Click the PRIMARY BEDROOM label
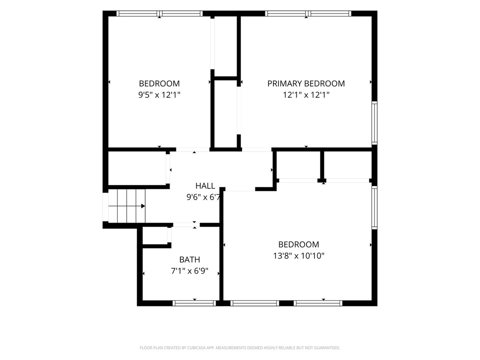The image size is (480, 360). coord(306,84)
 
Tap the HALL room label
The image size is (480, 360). coord(205,186)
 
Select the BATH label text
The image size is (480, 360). coord(190,260)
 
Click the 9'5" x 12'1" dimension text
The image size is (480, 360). coord(159,95)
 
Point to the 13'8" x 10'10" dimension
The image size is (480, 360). coord(299,256)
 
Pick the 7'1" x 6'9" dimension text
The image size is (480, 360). coord(190,271)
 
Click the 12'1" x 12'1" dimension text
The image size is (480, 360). coord(306,95)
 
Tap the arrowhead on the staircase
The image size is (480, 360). coord(143,206)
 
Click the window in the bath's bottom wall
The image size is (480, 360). coord(194,303)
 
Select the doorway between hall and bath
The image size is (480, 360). coord(186,225)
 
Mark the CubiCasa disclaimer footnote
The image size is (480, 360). coord(240,348)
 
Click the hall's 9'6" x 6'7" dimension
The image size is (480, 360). coord(203,197)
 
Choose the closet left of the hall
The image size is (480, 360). coord(137,168)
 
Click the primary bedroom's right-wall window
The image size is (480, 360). coord(374,123)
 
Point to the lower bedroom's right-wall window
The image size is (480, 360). coord(374,208)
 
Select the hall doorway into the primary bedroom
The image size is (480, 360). coord(257,150)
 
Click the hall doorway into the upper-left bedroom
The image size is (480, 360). coord(193,150)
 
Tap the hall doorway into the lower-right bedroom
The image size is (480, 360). coord(240,189)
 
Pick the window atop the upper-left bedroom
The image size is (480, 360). coord(160,13)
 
